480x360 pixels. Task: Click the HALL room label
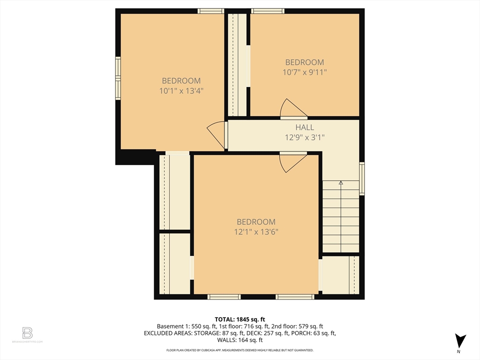(305, 127)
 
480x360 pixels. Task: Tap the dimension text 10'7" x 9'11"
(305, 73)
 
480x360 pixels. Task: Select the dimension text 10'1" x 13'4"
(181, 91)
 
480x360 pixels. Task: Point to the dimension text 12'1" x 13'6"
(256, 232)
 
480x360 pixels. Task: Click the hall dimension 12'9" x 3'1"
(305, 137)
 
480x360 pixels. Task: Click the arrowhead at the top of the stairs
(341, 183)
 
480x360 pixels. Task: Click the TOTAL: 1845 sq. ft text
(240, 320)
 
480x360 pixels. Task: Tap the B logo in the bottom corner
(27, 333)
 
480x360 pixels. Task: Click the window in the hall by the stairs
(362, 179)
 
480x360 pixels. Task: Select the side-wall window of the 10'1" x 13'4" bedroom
(118, 78)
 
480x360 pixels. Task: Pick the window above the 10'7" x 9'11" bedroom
(268, 11)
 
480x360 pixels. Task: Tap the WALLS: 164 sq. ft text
(240, 340)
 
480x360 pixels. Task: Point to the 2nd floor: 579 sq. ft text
(297, 326)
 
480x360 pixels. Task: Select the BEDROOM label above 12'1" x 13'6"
(256, 222)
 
